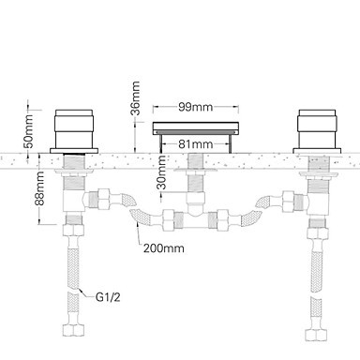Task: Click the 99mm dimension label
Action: [196, 107]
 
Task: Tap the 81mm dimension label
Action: [196, 144]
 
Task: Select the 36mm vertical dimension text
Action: [136, 98]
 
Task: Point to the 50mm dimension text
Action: [28, 131]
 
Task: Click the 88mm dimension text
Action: [39, 188]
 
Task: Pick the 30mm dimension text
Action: [162, 172]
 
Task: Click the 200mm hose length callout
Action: [164, 248]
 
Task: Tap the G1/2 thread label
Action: [108, 297]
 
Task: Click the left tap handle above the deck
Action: [74, 128]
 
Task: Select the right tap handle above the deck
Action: [317, 128]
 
